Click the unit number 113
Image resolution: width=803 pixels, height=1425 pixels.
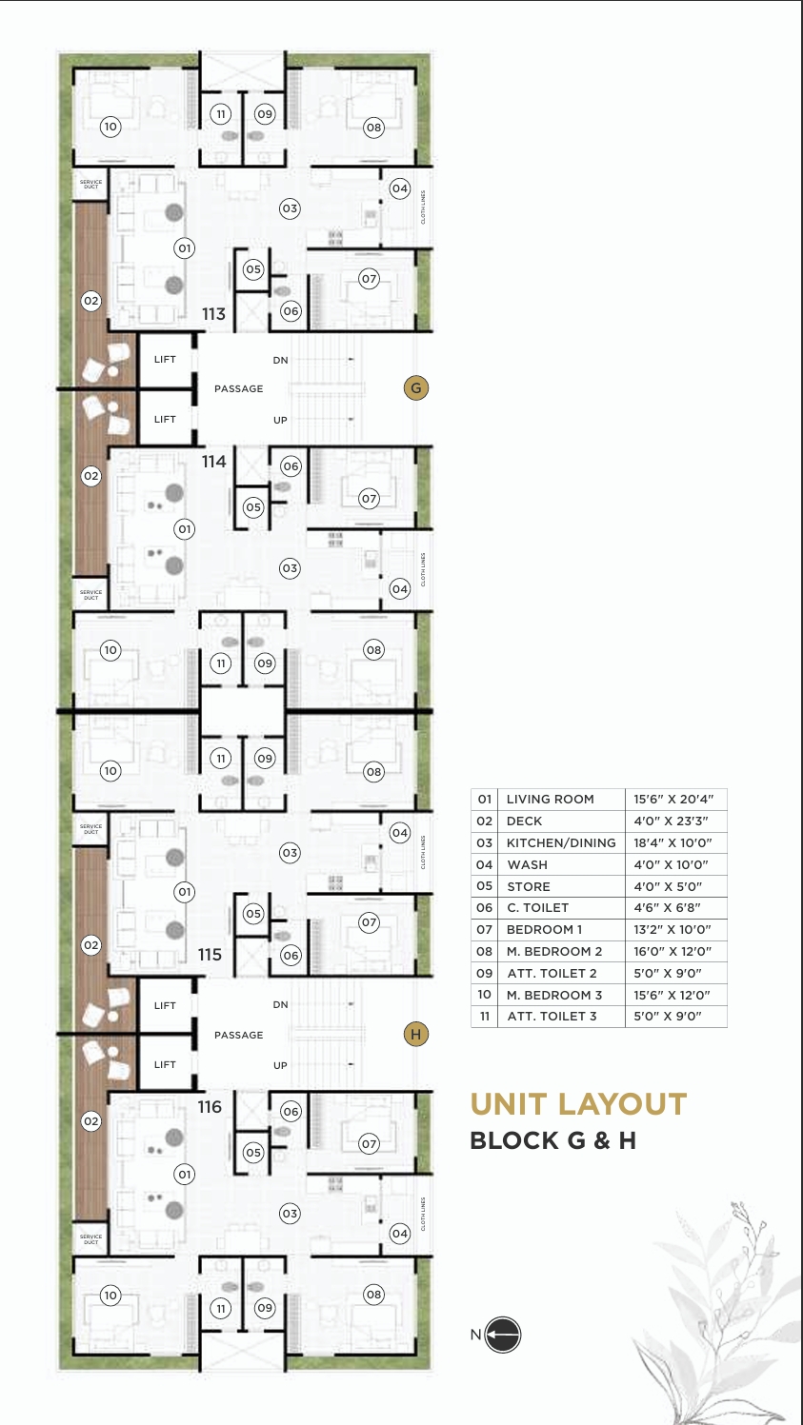click(x=213, y=313)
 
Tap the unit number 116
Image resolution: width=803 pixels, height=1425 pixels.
click(x=210, y=1107)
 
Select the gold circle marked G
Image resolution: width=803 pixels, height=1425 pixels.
click(x=415, y=387)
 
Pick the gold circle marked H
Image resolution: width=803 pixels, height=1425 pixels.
click(x=415, y=1035)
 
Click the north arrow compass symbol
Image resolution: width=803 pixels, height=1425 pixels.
click(x=504, y=1335)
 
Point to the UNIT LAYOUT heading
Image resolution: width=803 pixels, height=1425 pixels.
click(x=578, y=1104)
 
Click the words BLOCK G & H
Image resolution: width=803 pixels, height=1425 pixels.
click(x=552, y=1140)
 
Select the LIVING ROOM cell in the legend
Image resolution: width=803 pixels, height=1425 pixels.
click(x=551, y=800)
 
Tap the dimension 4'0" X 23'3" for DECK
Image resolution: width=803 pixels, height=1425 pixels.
click(x=670, y=821)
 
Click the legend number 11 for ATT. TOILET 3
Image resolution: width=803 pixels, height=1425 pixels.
click(x=485, y=1017)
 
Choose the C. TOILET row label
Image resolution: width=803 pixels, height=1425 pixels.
click(x=537, y=908)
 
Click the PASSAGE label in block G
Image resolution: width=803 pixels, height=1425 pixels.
click(x=238, y=388)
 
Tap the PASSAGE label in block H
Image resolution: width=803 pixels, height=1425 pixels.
click(x=238, y=1035)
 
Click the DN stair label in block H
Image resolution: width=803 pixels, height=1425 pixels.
click(x=280, y=1005)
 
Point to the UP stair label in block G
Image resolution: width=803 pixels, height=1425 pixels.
click(x=280, y=420)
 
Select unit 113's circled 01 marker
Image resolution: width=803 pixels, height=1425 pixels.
click(x=184, y=248)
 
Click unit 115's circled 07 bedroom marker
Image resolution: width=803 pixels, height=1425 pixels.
click(x=369, y=922)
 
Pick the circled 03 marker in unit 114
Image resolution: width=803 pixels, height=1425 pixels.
click(x=290, y=568)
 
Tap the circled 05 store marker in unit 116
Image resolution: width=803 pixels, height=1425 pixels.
click(x=252, y=1153)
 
